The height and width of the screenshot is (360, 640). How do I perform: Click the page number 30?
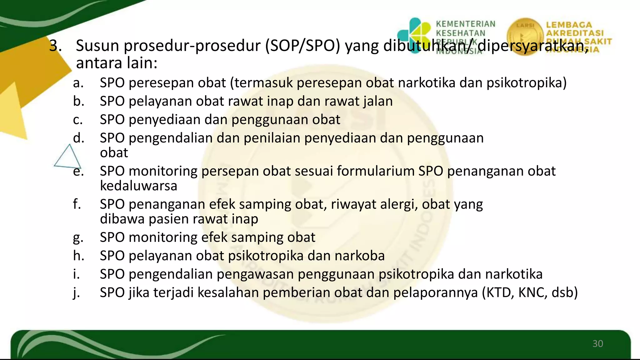[597, 344]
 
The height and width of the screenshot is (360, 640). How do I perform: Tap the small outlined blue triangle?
[67, 157]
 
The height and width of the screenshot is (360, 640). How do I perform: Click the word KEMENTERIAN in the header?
[465, 24]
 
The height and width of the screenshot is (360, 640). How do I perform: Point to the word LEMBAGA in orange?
[569, 25]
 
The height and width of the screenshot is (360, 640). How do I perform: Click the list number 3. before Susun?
[55, 46]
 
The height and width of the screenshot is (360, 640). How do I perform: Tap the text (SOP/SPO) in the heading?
[302, 46]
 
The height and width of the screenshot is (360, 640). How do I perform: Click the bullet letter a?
[78, 83]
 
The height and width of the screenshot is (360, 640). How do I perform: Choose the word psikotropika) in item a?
[526, 83]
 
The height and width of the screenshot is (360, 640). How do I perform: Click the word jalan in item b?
[378, 101]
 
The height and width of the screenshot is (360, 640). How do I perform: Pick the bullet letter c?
[78, 120]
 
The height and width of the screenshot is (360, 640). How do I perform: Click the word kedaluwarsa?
[138, 186]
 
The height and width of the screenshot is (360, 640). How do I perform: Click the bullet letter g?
[78, 237]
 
